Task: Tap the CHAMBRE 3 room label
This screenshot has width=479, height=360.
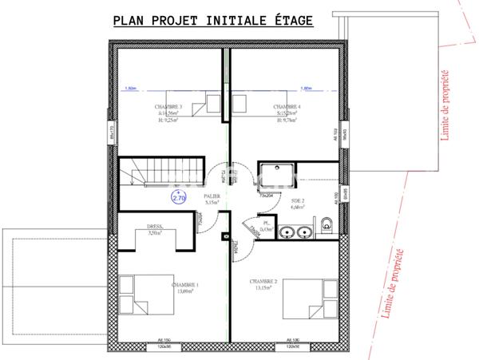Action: (168, 106)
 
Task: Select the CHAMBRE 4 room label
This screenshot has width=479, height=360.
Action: (287, 106)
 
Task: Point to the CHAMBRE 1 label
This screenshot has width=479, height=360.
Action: (185, 284)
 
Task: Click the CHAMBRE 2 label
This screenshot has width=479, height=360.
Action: (263, 282)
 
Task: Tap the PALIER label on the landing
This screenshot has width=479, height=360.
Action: (212, 196)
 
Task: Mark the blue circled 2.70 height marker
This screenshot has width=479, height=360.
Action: (178, 197)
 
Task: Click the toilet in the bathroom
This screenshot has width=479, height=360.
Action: (327, 227)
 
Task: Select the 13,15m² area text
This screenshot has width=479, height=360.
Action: (263, 288)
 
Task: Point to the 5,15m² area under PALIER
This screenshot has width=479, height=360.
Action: (212, 203)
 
